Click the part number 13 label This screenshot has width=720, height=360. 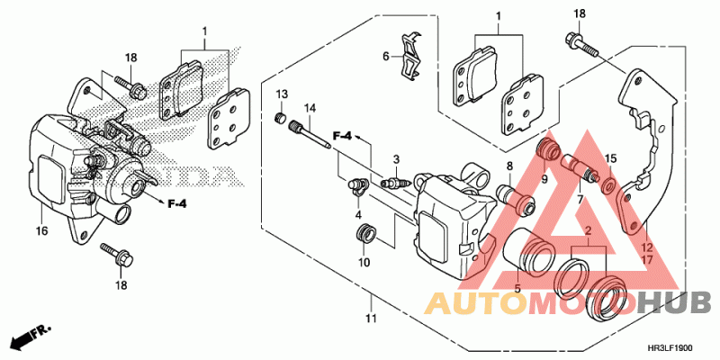281,94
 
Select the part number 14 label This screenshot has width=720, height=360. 310,109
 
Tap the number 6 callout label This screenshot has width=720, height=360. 385,56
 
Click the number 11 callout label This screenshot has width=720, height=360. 370,318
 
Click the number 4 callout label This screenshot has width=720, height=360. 357,216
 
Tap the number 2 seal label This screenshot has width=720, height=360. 588,231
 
